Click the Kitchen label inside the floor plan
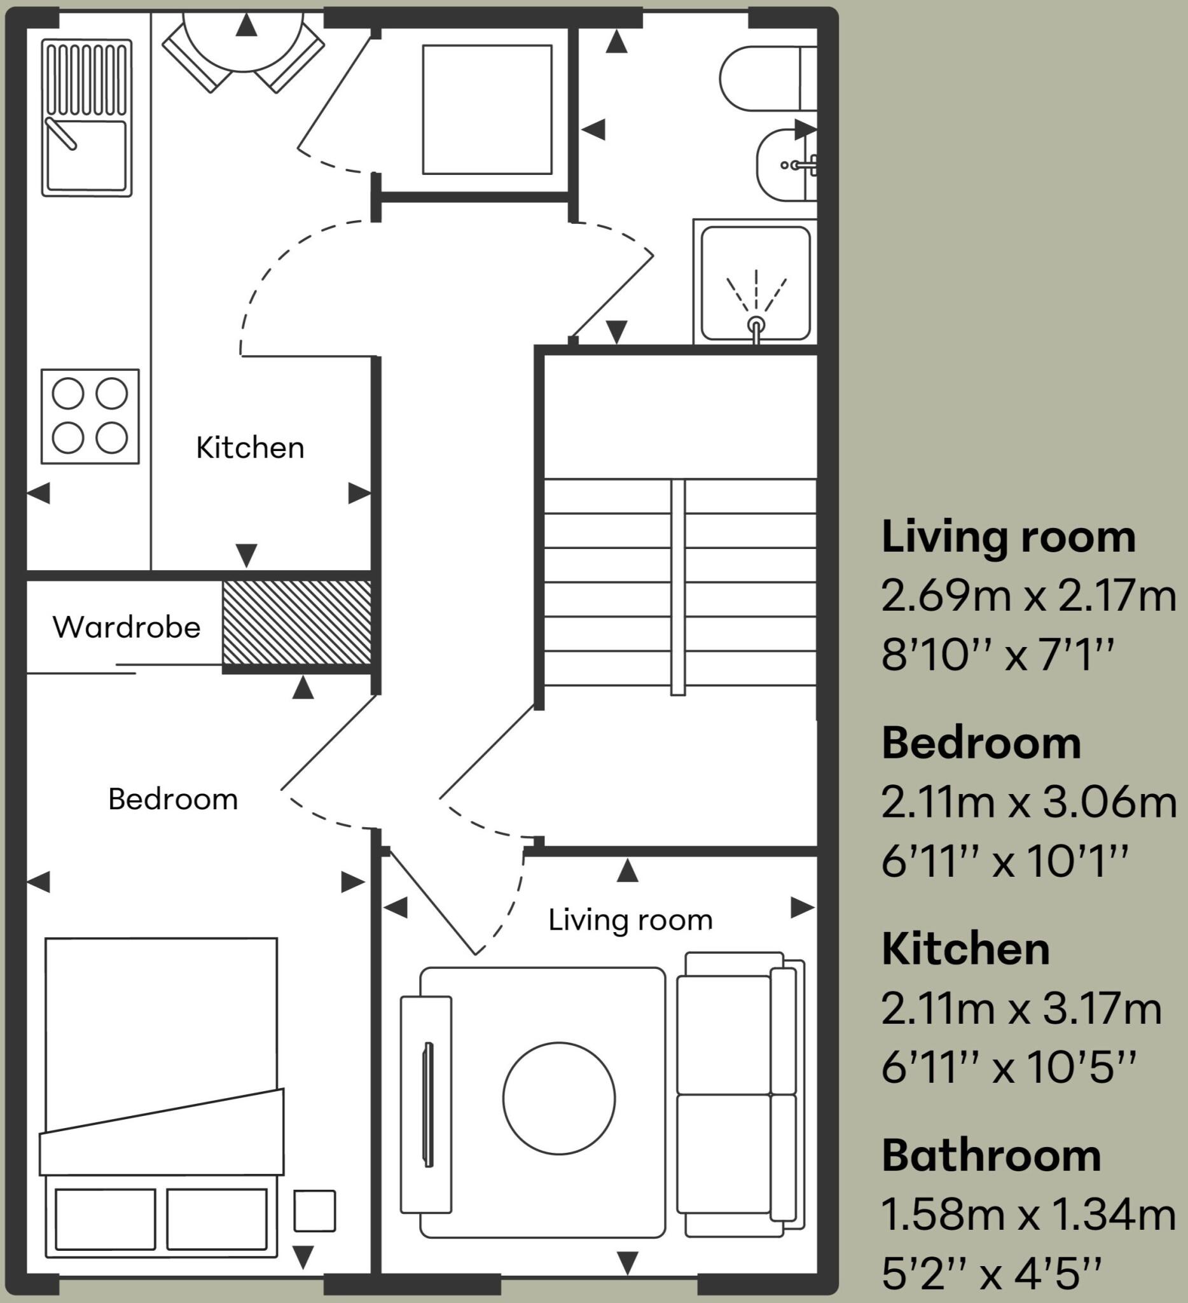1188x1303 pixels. pos(250,448)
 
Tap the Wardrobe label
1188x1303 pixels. pos(127,627)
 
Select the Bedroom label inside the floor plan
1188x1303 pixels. pos(173,799)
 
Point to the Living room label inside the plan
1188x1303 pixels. pos(630,920)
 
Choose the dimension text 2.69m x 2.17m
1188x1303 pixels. pos(1028,596)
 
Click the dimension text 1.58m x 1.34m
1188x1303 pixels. pos(1028,1214)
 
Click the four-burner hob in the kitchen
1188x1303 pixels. pos(90,416)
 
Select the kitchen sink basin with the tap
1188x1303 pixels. pos(86,156)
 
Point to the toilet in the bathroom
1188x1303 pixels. pos(768,78)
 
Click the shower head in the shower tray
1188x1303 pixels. pos(756,325)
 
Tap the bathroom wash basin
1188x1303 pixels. pos(786,165)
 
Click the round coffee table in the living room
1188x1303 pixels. pos(559,1098)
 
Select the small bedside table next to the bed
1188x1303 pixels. pos(315,1211)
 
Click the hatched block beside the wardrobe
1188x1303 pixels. pos(297,622)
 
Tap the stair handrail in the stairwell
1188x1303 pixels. pos(678,587)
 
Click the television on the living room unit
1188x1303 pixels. pos(427,1104)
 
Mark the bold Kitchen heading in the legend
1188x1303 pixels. pos(966,949)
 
